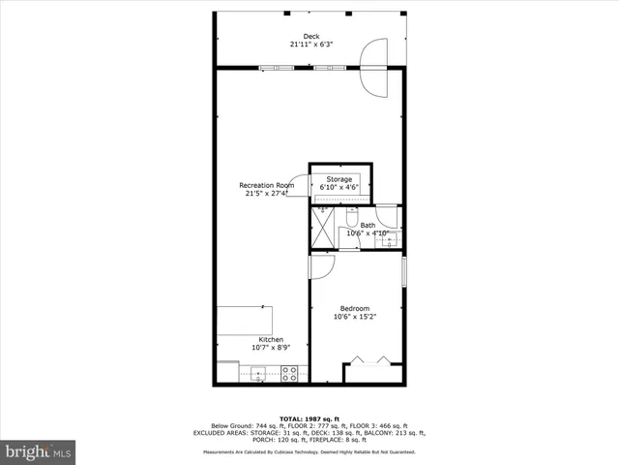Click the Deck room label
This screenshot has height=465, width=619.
click(310, 37)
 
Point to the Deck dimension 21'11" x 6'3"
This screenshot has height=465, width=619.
click(310, 45)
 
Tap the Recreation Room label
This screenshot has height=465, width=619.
click(267, 185)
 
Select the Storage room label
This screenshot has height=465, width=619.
click(339, 179)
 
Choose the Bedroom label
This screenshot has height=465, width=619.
click(354, 309)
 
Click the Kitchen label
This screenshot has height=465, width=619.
click(270, 340)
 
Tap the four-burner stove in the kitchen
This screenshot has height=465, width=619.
click(289, 373)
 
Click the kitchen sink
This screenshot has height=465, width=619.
click(259, 374)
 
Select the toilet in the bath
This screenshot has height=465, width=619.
click(351, 218)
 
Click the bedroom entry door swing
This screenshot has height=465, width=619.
click(322, 267)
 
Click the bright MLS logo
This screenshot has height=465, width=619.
click(39, 451)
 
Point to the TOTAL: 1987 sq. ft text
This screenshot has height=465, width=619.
click(309, 418)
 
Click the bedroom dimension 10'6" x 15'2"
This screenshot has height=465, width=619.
click(354, 317)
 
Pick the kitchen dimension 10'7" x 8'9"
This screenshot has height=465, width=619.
click(268, 348)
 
